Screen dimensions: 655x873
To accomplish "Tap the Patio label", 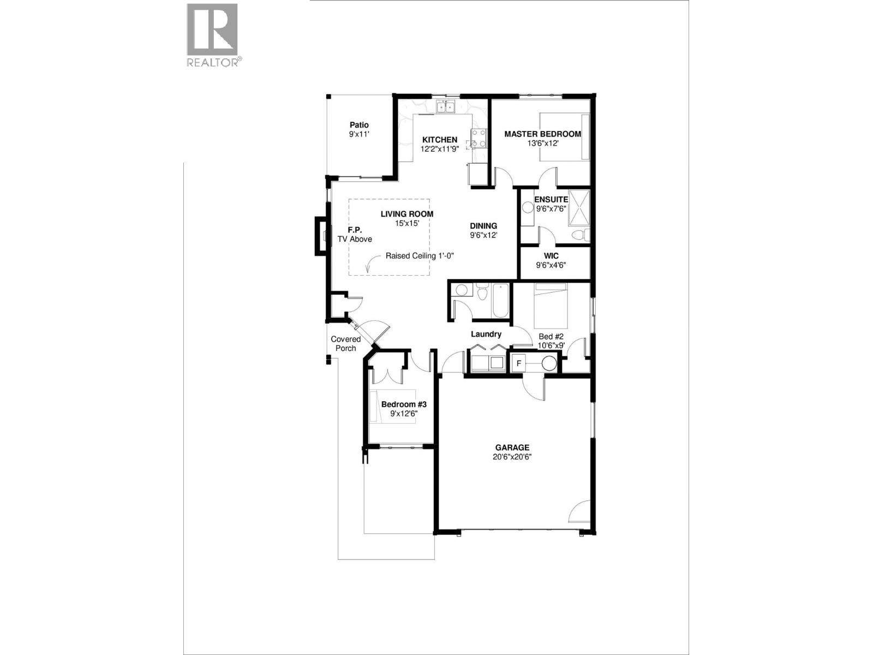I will coord(359,125).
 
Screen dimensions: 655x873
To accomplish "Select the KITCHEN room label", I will coord(439,140).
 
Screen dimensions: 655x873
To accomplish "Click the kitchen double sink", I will coord(445,107).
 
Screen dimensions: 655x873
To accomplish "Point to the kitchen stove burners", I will coord(479,138).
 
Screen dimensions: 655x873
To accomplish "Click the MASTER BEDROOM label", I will coord(542,134).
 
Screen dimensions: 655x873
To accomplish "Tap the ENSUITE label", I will coord(551,199).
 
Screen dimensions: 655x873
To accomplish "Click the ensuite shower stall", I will coord(579,207).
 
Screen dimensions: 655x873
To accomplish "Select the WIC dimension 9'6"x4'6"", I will coord(551,266).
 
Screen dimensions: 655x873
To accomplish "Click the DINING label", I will coord(483,226).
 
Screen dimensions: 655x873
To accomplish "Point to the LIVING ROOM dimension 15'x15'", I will coord(407,223).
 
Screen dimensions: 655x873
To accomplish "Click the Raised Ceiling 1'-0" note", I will coord(420,255).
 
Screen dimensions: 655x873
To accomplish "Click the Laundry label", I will coord(486,334).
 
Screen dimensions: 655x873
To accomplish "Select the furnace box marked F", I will coord(519,363).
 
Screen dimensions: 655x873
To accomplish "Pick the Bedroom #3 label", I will coord(403,404).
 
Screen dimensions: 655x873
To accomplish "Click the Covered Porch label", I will coord(345,343).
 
